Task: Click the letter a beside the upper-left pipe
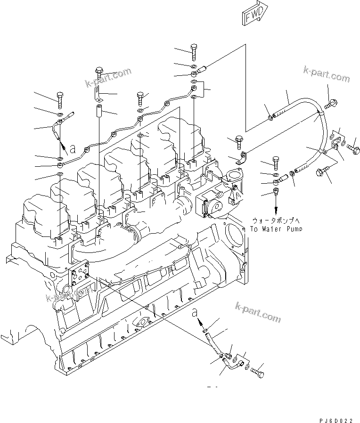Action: (x=72, y=149)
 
